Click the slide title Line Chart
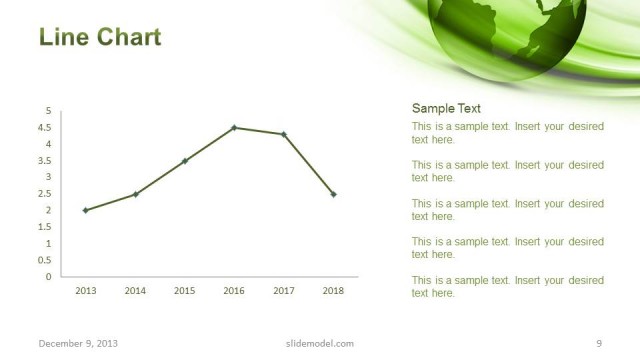coord(100,38)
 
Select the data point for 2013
coord(85,210)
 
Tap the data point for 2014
coord(135,194)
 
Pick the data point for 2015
coord(185,161)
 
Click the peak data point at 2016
coord(234,128)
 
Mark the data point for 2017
coord(284,134)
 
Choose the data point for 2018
coord(333,194)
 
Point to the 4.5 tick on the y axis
coord(46,128)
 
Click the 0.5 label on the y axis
coord(46,260)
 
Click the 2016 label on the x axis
coord(234,291)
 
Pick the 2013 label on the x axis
coord(85,291)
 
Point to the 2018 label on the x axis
coord(333,291)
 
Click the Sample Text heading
coord(446,109)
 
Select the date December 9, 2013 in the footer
coord(78,344)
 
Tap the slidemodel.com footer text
coord(313,344)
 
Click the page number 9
coord(598,344)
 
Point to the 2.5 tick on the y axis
coord(46,194)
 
